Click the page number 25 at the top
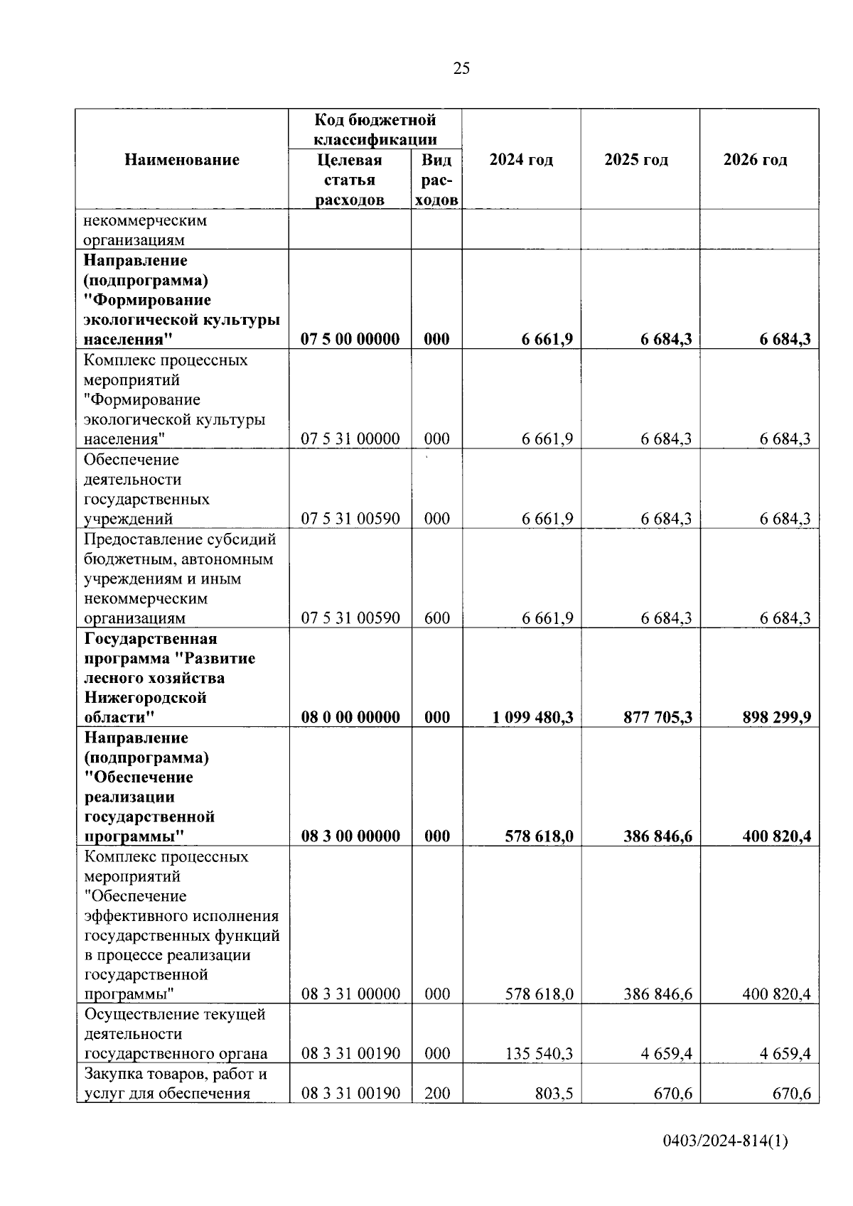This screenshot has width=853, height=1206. click(x=461, y=68)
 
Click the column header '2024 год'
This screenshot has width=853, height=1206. click(x=521, y=160)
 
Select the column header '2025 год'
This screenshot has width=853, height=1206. click(x=636, y=160)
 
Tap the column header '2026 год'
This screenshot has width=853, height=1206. click(x=755, y=160)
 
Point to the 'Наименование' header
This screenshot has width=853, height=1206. click(x=182, y=160)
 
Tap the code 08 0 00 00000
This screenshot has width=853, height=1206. click(x=350, y=717)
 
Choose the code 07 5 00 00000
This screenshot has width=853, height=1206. click(x=350, y=339)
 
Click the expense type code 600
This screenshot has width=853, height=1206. click(x=436, y=618)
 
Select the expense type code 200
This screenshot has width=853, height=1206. click(x=436, y=1093)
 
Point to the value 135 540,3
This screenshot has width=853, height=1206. click(x=539, y=1053)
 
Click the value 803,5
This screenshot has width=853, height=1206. click(x=554, y=1093)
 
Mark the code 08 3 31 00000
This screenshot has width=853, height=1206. click(x=350, y=994)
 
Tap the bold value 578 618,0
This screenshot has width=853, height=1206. click(x=539, y=836)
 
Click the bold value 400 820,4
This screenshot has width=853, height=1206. click(x=776, y=836)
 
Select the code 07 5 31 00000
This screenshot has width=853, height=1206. click(x=350, y=438)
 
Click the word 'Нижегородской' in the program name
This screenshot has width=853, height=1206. click(x=145, y=697)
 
